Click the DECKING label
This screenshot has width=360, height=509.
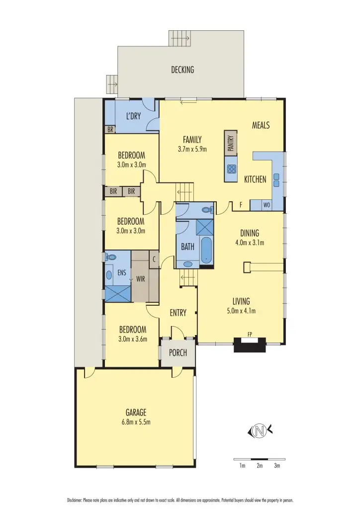[x=182, y=70]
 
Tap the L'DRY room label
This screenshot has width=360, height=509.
[x=133, y=116]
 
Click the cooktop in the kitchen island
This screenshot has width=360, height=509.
[x=231, y=169]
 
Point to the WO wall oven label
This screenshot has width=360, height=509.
[x=266, y=205]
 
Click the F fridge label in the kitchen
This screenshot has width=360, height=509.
[x=241, y=205]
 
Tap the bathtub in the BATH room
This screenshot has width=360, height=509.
[x=206, y=250]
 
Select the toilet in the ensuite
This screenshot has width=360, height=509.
[x=111, y=257]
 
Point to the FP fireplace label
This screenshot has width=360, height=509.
[x=250, y=334]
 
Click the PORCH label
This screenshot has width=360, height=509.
[x=178, y=353]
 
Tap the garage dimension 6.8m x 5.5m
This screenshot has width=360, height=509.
[x=136, y=422]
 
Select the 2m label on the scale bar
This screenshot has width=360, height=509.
[x=260, y=466]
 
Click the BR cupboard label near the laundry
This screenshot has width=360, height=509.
[x=110, y=129]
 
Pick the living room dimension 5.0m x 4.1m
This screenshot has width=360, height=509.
[x=241, y=311]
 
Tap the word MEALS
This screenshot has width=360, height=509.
[x=261, y=125]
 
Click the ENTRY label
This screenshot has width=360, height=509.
[x=178, y=313]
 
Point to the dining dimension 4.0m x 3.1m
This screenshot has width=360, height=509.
[x=250, y=243]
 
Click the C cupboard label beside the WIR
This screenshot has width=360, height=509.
[x=154, y=259]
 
